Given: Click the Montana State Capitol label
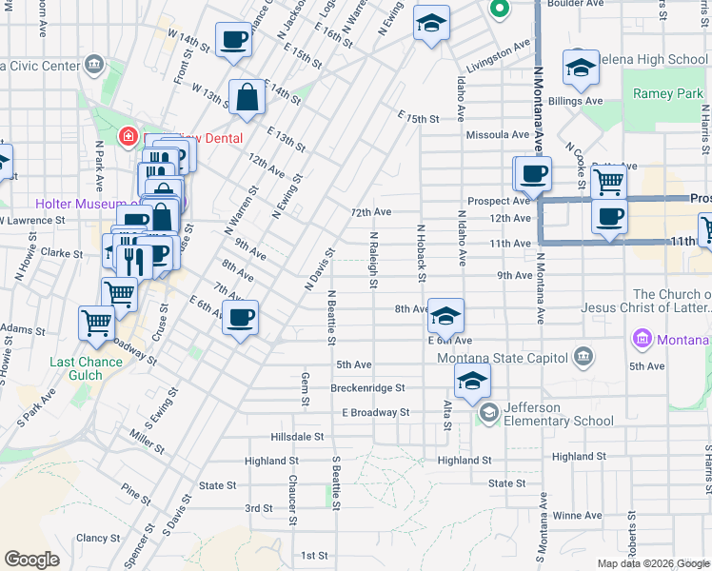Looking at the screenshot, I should click(501, 358).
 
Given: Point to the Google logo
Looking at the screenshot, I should click(31, 560).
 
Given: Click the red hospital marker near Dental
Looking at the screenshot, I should click(127, 137).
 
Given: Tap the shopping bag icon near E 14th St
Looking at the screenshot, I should click(247, 98).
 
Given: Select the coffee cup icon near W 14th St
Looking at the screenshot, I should click(233, 41).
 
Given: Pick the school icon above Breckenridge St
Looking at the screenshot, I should click(471, 384).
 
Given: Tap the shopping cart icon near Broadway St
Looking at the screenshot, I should click(97, 324).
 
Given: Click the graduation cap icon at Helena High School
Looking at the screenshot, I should click(580, 67).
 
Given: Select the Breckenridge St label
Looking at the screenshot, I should click(367, 388).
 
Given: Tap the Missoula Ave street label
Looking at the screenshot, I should click(492, 135).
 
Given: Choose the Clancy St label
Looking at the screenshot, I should click(98, 538).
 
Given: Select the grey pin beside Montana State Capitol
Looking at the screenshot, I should click(583, 358).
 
